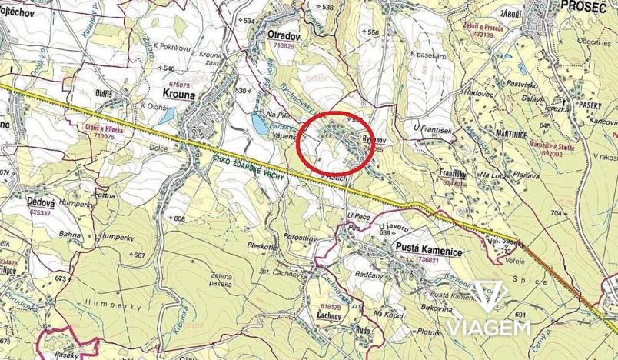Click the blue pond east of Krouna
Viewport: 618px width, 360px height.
(x=255, y=123)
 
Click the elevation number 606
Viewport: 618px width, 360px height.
(x=179, y=218)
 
